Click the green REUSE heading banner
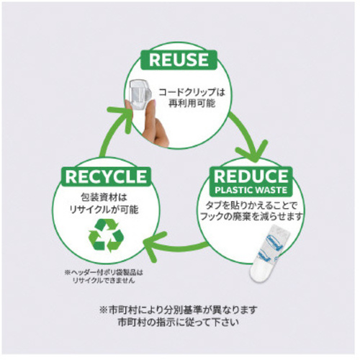(x=179, y=60)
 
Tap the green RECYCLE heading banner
(x=106, y=176)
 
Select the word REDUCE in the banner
(x=251, y=176)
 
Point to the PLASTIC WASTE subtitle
(x=251, y=190)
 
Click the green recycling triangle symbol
(x=106, y=235)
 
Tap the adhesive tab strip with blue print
(x=269, y=253)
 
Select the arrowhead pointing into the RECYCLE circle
(x=154, y=246)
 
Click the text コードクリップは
(x=192, y=92)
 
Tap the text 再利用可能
(x=192, y=104)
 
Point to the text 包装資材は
(x=104, y=198)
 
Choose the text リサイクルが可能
(x=104, y=210)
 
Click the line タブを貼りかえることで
(x=251, y=205)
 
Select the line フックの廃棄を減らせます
(x=251, y=217)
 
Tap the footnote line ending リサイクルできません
(x=104, y=280)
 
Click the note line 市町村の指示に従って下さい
(x=179, y=322)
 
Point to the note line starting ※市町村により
(x=179, y=310)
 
